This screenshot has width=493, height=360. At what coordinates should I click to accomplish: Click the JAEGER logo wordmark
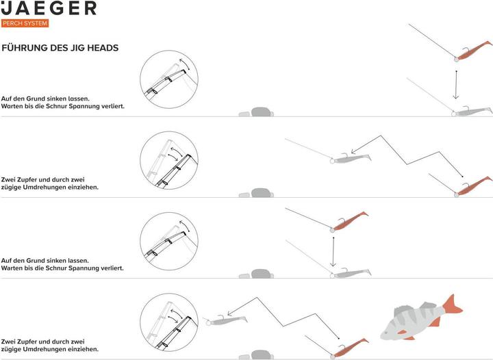(x=49, y=8)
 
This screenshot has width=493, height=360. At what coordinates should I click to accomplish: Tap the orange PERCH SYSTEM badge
(x=25, y=23)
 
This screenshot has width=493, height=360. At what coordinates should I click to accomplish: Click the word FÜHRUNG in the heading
(x=20, y=48)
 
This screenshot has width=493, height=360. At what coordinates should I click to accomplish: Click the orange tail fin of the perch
(x=453, y=305)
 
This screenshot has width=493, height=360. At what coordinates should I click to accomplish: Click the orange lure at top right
(x=473, y=50)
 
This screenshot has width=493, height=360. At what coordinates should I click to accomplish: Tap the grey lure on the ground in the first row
(x=472, y=111)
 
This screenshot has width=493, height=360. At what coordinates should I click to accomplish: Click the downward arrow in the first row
(x=456, y=84)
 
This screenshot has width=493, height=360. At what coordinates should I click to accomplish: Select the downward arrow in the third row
(x=333, y=252)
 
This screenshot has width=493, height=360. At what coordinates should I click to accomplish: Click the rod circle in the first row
(x=169, y=79)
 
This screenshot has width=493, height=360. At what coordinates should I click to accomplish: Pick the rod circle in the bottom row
(x=169, y=322)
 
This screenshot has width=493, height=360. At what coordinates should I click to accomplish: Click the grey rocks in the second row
(x=256, y=193)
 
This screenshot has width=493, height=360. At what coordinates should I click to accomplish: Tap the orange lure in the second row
(x=474, y=186)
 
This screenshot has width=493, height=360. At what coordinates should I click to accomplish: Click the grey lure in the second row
(x=351, y=158)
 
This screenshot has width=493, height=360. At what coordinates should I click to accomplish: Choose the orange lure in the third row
(x=349, y=222)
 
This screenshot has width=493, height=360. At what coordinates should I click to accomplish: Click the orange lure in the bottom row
(x=350, y=348)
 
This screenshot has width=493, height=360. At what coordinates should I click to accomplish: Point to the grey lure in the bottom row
(x=226, y=320)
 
